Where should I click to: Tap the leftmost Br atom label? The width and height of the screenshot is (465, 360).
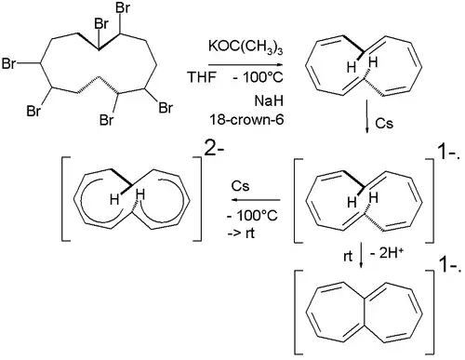tap(11, 66)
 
